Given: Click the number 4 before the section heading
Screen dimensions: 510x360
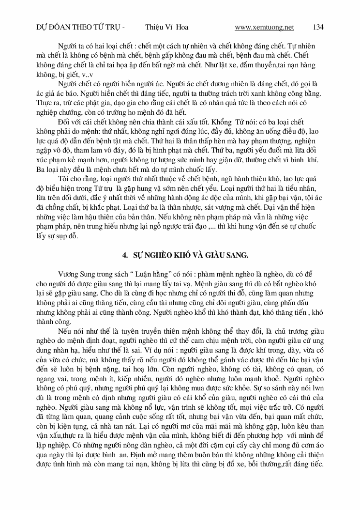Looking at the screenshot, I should point(124,253).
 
